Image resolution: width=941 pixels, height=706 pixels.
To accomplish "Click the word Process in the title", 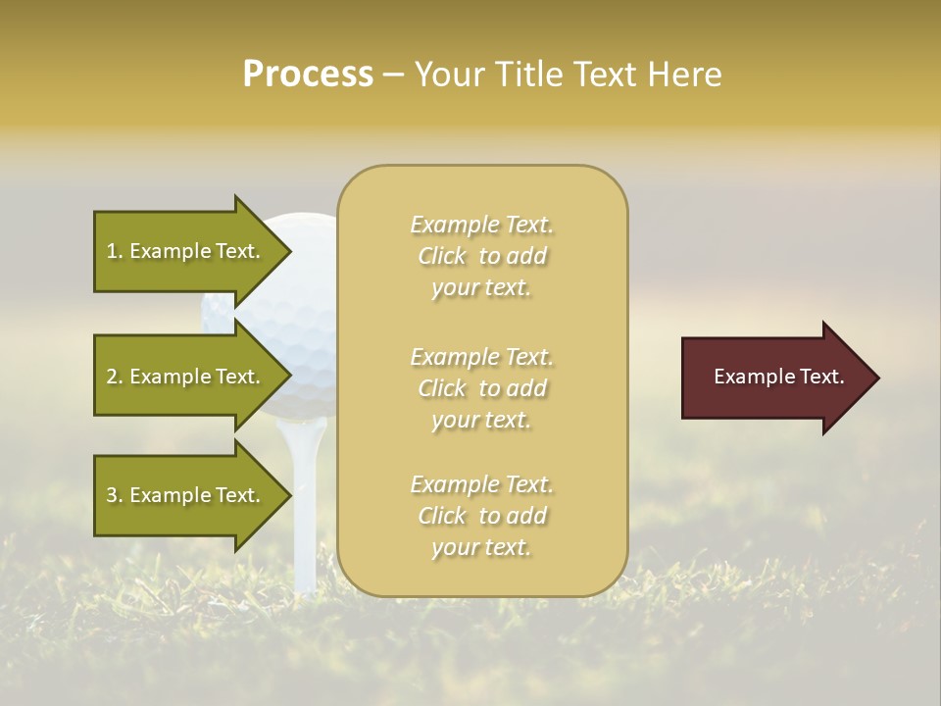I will [x=308, y=75].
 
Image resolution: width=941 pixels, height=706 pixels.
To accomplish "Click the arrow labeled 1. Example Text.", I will [x=186, y=251].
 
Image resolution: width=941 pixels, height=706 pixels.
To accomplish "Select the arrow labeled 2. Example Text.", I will [x=186, y=377].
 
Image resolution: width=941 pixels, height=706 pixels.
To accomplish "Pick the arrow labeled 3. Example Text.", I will [x=186, y=495].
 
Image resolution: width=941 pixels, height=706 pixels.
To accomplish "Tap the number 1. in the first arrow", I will [x=115, y=251].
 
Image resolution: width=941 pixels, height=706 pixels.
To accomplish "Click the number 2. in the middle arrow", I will [x=115, y=377].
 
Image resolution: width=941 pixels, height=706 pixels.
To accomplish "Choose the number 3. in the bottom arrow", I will [x=115, y=495].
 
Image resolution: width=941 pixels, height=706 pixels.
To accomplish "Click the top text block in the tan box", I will [x=481, y=256].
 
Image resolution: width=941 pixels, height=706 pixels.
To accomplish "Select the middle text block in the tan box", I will [x=481, y=388].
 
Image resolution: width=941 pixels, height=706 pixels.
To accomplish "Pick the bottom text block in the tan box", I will [x=481, y=516].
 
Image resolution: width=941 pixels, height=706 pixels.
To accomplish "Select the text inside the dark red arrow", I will [x=778, y=378].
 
